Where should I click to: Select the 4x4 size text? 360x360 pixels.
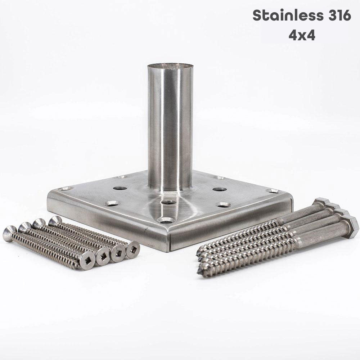point(302,36)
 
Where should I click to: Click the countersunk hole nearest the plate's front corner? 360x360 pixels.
point(166,220)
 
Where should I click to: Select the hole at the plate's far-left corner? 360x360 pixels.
point(66,189)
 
